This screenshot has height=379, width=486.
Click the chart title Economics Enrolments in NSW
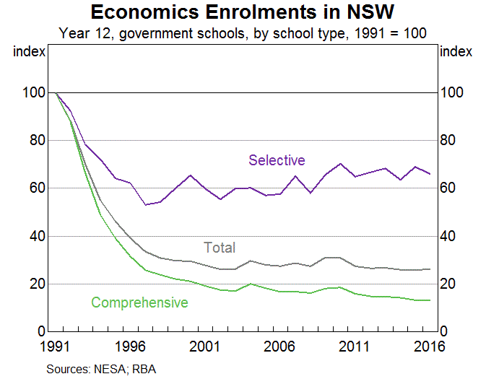[x=243, y=12]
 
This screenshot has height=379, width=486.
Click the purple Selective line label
[x=277, y=160]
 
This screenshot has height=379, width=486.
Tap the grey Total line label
[x=220, y=248]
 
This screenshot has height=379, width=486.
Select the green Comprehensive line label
[x=139, y=302]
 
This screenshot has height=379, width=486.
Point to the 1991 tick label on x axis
[x=55, y=347]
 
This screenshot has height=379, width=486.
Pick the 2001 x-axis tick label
[x=204, y=347]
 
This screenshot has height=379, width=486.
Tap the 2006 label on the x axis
[x=279, y=347]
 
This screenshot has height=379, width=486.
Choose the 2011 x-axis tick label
[x=355, y=347]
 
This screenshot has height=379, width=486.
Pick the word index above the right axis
[x=456, y=52]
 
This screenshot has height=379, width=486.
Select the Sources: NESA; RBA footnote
[x=101, y=369]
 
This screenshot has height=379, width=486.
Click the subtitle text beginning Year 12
[x=243, y=32]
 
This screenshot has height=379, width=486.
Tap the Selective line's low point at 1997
[x=145, y=205]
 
